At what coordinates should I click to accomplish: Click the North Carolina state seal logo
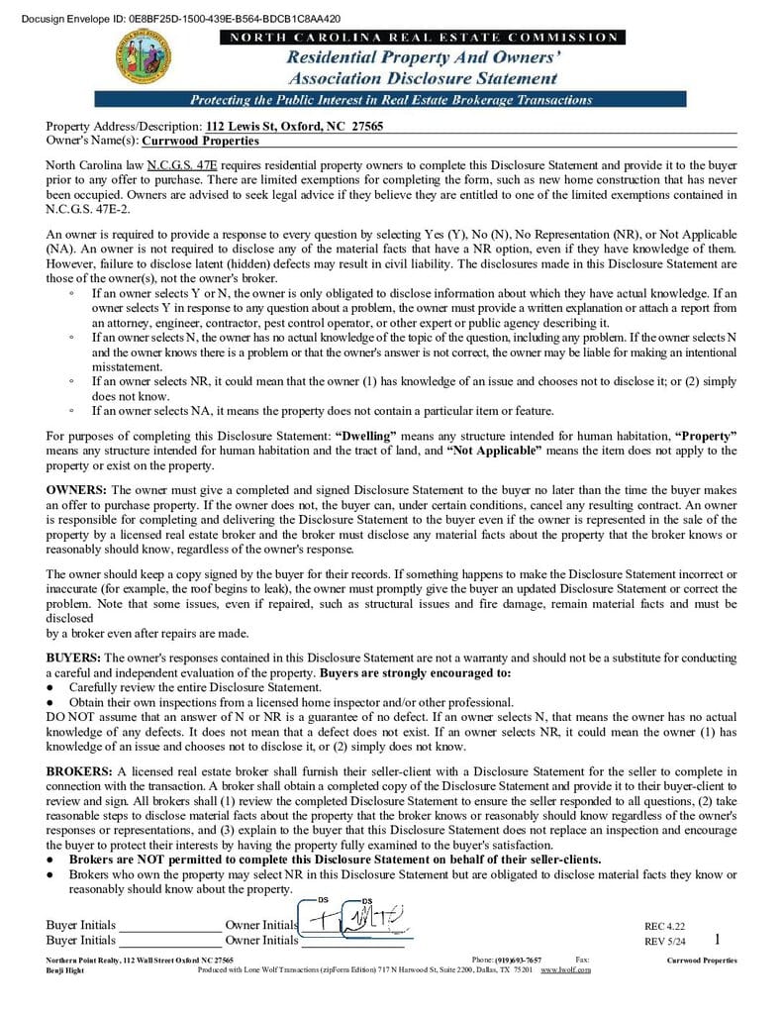(144, 56)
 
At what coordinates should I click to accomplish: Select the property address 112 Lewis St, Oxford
(294, 127)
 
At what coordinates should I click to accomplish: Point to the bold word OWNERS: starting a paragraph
(77, 490)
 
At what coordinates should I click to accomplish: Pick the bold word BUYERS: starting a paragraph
(73, 658)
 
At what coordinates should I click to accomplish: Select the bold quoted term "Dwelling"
(366, 436)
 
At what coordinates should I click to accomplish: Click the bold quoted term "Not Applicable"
(494, 451)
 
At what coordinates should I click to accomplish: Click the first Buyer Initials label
(80, 925)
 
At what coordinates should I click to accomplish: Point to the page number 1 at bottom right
(717, 939)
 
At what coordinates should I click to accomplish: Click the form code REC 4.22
(664, 926)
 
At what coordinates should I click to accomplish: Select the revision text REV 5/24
(664, 941)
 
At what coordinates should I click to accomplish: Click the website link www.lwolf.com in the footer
(565, 969)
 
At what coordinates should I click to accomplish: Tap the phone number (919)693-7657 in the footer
(519, 960)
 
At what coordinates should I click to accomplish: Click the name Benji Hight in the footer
(65, 970)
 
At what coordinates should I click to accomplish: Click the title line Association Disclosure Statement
(423, 78)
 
